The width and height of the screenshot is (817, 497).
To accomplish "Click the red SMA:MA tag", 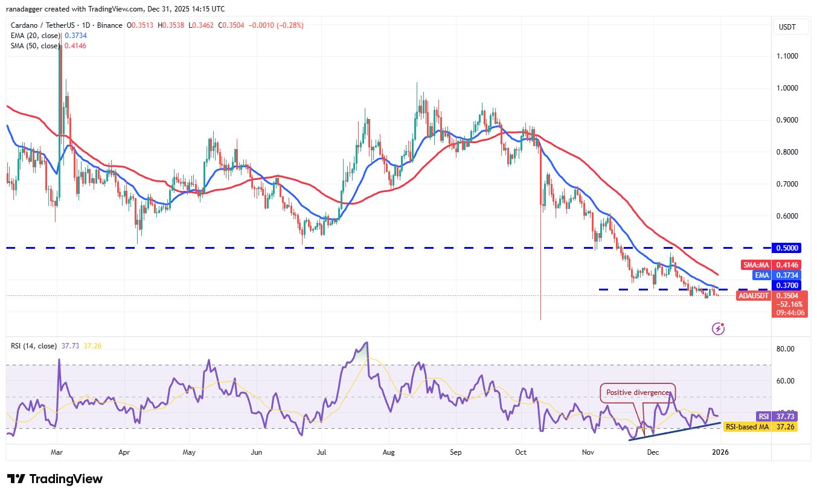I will pyautogui.click(x=755, y=265).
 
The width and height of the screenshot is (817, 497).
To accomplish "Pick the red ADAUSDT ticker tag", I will pyautogui.click(x=753, y=296).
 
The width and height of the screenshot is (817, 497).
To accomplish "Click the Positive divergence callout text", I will pyautogui.click(x=637, y=393).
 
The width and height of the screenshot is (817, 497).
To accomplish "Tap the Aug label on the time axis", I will pyautogui.click(x=389, y=452).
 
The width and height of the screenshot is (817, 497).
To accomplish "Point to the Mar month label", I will pyautogui.click(x=57, y=452).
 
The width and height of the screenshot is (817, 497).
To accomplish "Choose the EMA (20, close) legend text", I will pyautogui.click(x=35, y=36).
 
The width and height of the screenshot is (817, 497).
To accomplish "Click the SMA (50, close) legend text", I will pyautogui.click(x=35, y=46).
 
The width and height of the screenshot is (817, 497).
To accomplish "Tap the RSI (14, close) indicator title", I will pyautogui.click(x=34, y=346).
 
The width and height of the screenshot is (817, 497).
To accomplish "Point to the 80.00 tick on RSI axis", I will pyautogui.click(x=785, y=349).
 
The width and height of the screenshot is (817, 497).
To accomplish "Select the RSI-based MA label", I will pyautogui.click(x=746, y=427).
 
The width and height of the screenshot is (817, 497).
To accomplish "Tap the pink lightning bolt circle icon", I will pyautogui.click(x=719, y=329).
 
